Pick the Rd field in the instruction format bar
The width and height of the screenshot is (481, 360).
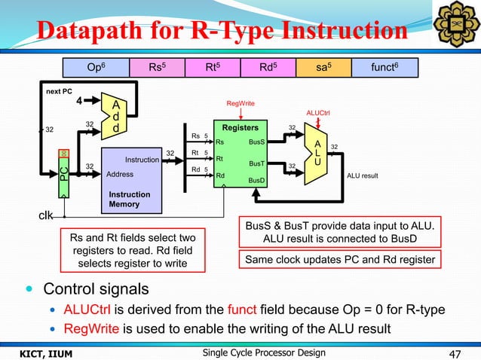(267, 67)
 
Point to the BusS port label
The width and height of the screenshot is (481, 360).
(256, 141)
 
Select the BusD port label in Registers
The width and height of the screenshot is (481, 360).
(256, 181)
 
